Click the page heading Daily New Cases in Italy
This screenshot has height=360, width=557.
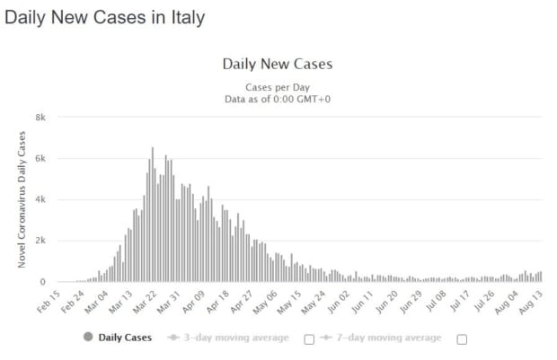point(105,18)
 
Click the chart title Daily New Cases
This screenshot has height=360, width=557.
point(278,65)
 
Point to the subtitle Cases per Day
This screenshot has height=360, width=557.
point(278,87)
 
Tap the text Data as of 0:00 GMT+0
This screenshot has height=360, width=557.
point(278,99)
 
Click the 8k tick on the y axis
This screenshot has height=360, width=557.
point(40,118)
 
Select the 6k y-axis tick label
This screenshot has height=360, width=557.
point(40,159)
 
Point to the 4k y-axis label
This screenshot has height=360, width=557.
point(40,199)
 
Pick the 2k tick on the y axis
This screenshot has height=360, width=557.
point(40,241)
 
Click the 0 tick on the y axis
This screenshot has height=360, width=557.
point(42,282)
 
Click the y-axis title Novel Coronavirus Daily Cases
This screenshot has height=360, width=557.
point(22,199)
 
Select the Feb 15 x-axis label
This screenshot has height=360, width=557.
point(49,302)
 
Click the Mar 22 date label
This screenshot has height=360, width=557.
point(145,303)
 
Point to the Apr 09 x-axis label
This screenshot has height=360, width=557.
point(193,303)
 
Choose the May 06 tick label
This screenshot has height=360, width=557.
point(265,303)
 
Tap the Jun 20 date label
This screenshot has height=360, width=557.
point(387,303)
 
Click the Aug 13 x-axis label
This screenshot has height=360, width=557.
point(531,303)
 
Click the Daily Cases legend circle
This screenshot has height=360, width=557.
point(88,337)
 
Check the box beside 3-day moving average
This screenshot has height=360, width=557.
point(309,339)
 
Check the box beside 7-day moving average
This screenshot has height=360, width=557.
point(462,339)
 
